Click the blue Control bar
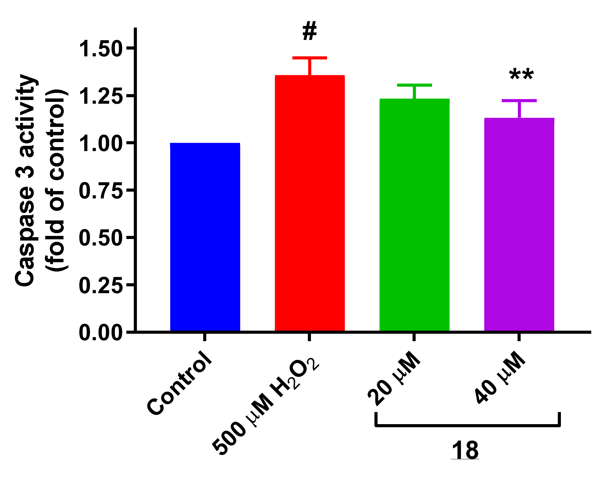(205, 237)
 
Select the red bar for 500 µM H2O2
(310, 203)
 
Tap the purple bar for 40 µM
(519, 224)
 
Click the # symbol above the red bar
(310, 32)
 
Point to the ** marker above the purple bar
(522, 75)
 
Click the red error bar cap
(310, 58)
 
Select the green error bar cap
(414, 85)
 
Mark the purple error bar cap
(519, 101)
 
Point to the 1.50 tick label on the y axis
(101, 49)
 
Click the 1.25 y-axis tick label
(101, 96)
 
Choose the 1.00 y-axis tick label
(101, 144)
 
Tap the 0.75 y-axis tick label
(101, 191)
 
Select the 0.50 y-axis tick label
(101, 238)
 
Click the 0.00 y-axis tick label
(101, 333)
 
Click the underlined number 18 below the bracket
(465, 451)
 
